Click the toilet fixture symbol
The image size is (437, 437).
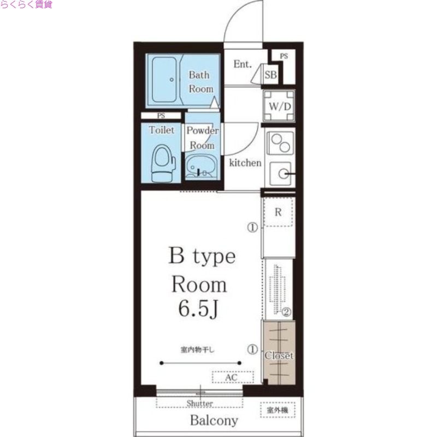click(x=163, y=163)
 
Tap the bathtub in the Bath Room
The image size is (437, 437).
click(x=164, y=80)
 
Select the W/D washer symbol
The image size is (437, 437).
click(x=279, y=106)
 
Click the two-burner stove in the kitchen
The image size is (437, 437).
click(x=280, y=143)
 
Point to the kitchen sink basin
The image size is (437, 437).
click(x=281, y=174)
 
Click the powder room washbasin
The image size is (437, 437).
click(x=199, y=167)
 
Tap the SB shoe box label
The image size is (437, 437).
click(x=270, y=75)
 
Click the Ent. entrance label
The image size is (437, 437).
click(x=243, y=64)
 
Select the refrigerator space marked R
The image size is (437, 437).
click(x=278, y=212)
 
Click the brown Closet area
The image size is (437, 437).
click(x=279, y=353)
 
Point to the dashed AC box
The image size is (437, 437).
click(x=233, y=377)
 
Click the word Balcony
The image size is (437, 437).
click(x=214, y=421)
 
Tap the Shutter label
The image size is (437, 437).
click(x=199, y=403)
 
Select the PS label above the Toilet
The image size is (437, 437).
click(x=161, y=115)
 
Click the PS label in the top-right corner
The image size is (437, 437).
click(x=284, y=56)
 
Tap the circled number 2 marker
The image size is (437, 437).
click(x=286, y=312)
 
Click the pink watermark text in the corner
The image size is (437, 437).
click(x=26, y=4)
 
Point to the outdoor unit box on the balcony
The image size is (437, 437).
click(x=277, y=410)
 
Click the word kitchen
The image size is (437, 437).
click(x=245, y=163)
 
